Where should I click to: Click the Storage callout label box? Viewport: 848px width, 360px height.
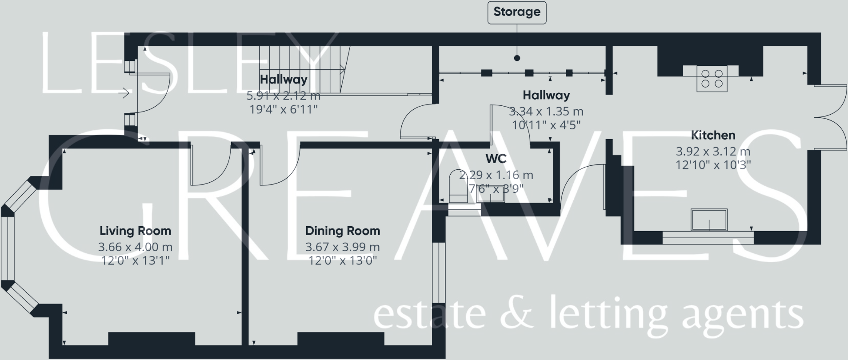click(x=516, y=12)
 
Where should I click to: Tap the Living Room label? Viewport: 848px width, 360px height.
click(x=135, y=231)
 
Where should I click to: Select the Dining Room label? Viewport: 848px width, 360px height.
click(x=342, y=231)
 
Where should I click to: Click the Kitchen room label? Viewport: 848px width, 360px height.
click(x=713, y=135)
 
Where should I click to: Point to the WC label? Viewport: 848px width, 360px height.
click(x=496, y=159)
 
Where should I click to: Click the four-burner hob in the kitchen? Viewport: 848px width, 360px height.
click(x=712, y=79)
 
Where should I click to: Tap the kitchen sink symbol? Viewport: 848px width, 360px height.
click(x=709, y=220)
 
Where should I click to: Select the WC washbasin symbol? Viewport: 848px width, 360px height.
click(x=492, y=194)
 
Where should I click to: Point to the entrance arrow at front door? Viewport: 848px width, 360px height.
click(x=124, y=93)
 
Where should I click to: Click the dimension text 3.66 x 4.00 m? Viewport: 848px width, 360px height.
click(x=135, y=247)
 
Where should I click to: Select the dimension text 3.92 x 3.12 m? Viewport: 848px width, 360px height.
click(x=713, y=151)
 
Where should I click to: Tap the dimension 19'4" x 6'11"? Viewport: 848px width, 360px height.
click(x=284, y=109)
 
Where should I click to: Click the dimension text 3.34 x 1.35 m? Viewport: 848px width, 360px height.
click(x=546, y=111)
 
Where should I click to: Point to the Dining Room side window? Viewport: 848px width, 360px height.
click(x=439, y=272)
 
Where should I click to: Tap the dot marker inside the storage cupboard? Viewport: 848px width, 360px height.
click(x=516, y=58)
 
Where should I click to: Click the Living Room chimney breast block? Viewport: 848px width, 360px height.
click(x=152, y=339)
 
